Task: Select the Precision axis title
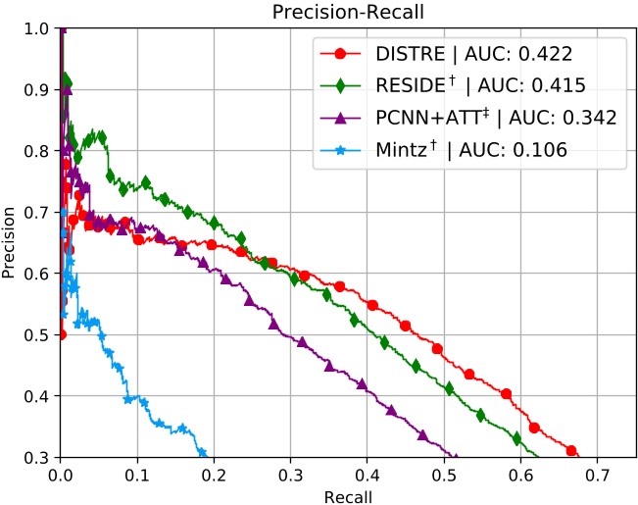point(11,242)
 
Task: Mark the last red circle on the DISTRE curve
point(571,451)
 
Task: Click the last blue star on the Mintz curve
point(202,452)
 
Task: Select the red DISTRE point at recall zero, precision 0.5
point(62,334)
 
